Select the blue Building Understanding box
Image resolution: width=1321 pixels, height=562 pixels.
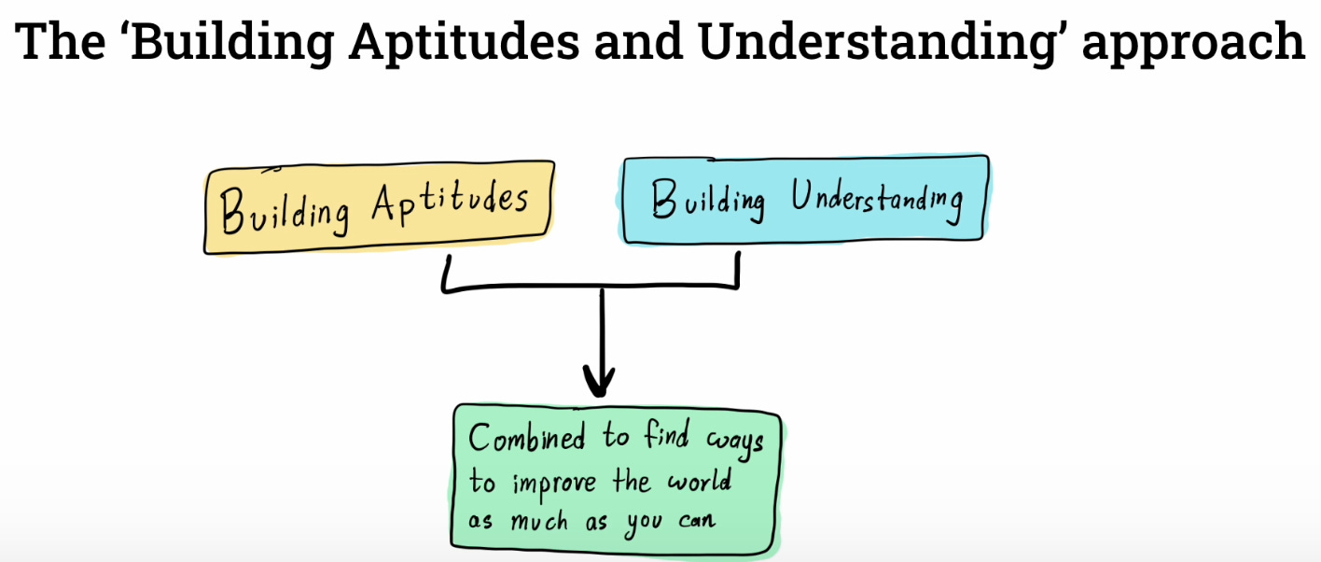point(805,200)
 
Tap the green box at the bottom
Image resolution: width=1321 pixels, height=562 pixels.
point(616,477)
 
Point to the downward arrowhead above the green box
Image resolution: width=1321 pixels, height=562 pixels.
point(599,379)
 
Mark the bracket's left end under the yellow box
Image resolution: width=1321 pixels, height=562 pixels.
point(447,273)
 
